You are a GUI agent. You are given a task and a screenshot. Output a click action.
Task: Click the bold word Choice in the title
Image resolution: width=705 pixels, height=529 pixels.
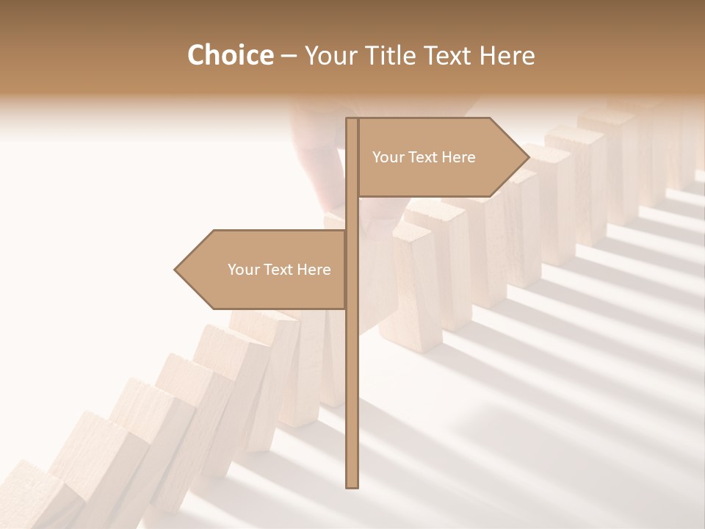pos(230,55)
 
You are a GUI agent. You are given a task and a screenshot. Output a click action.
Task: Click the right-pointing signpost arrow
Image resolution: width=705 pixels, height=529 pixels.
pos(441,157)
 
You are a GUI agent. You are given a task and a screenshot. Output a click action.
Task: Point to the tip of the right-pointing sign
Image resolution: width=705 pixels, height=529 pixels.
pos(527,157)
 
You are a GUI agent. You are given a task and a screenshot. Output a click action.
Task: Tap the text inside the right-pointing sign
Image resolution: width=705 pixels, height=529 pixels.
pos(424,157)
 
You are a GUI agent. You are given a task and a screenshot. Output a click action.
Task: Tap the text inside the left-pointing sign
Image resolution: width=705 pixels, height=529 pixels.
pos(279,270)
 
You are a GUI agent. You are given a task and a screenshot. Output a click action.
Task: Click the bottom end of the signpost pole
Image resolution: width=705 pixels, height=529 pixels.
pos(352,485)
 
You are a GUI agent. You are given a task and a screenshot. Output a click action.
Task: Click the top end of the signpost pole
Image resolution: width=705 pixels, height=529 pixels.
pos(352,120)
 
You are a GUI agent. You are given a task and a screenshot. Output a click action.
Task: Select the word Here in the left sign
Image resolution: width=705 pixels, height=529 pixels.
pos(314,270)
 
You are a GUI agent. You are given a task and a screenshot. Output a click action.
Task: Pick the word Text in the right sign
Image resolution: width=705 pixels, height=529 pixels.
pos(424,157)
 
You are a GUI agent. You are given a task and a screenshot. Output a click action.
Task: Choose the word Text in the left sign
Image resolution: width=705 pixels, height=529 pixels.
pos(279,270)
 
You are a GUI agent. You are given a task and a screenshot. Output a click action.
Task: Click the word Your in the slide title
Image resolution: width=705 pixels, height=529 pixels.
pos(329,55)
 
